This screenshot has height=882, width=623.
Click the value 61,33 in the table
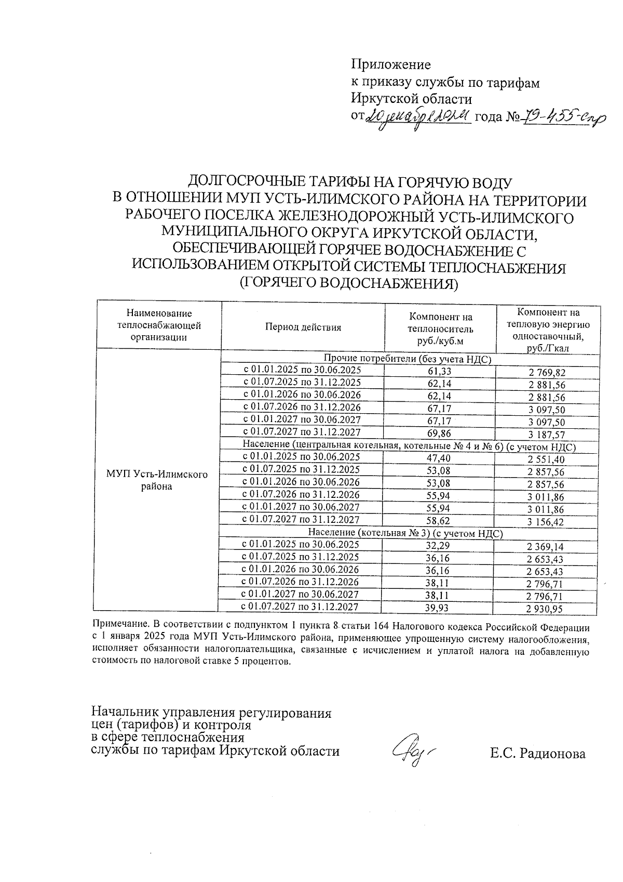pos(439,371)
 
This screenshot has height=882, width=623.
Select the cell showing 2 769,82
pos(547,373)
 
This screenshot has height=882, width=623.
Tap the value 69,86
pos(438,433)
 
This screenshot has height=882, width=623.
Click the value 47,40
pos(438,458)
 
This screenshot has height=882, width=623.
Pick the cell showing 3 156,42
pos(545,522)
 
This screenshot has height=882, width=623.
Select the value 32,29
pos(437,546)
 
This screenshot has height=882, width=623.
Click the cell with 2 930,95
pos(545,610)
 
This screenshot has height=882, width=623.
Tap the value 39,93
pos(437,608)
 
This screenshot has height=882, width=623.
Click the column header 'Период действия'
pos(303,327)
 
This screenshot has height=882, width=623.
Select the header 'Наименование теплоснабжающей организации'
pos(159,325)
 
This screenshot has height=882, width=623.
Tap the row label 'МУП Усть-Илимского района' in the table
pos(157,480)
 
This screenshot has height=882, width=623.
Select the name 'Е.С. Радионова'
pos(537,754)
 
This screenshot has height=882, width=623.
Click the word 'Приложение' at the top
pos(391,64)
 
